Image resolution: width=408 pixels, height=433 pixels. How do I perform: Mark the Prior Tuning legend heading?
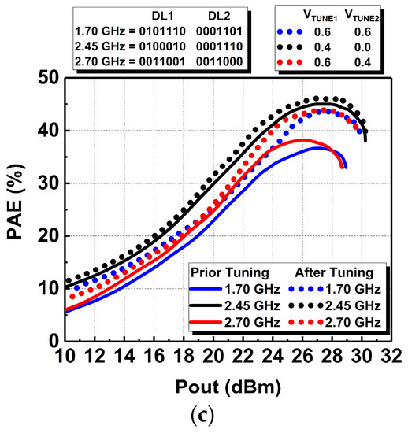pos(223,272)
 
